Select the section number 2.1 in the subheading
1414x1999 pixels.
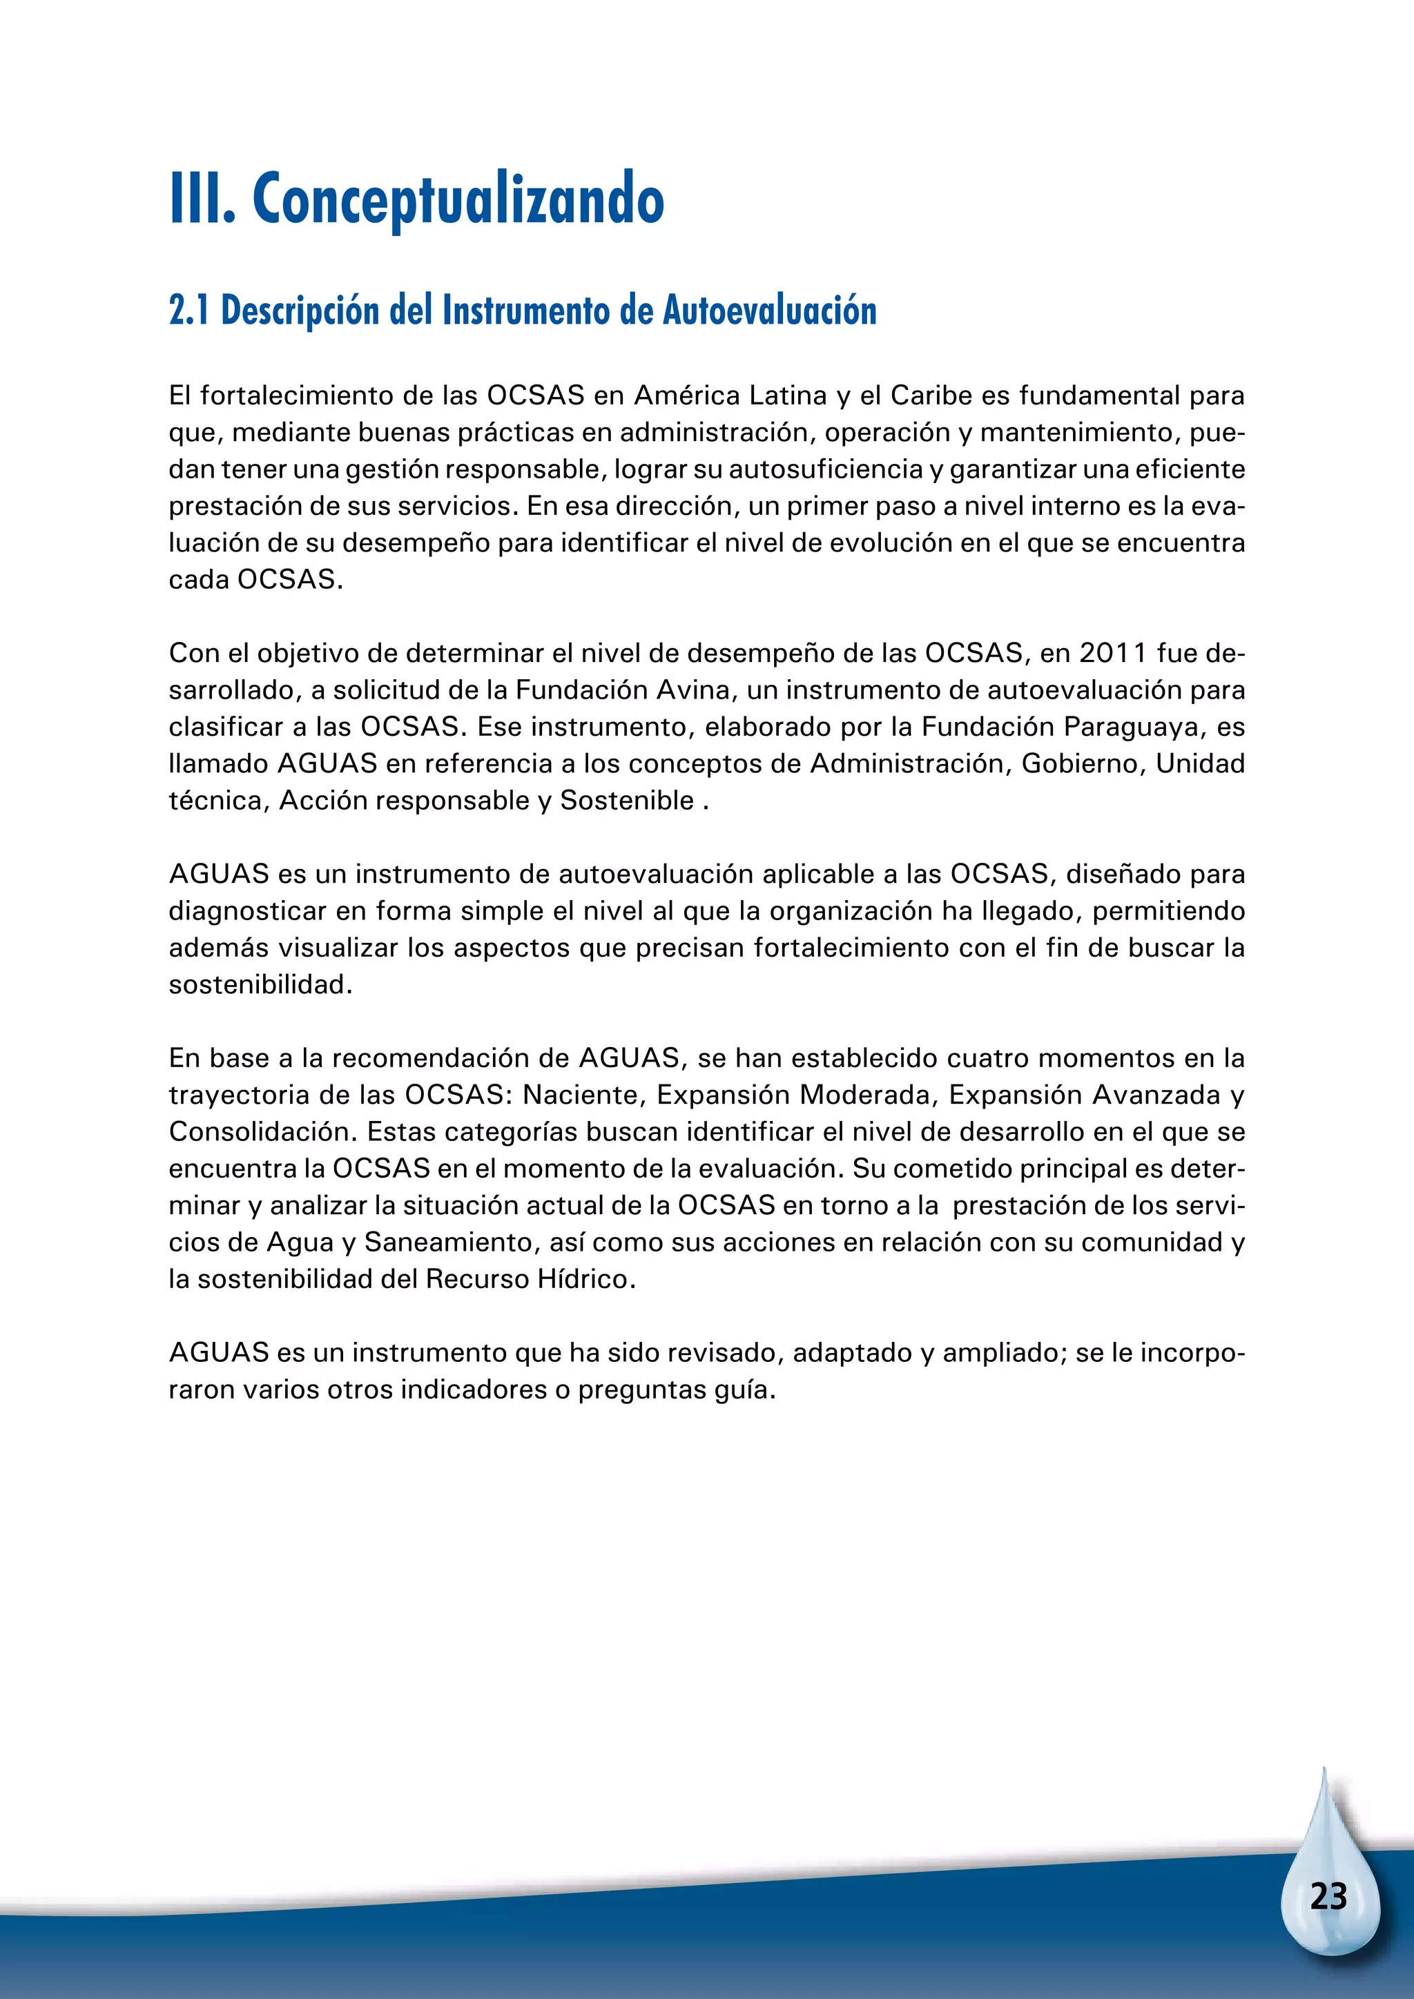[x=189, y=311]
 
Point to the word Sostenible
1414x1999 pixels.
[x=627, y=801]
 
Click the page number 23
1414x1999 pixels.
[x=1328, y=1896]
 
